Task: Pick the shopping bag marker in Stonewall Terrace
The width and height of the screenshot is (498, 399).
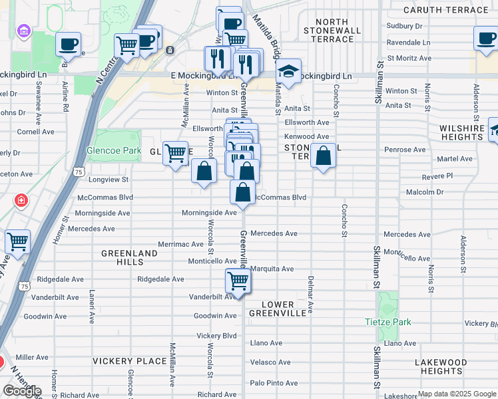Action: (x=323, y=156)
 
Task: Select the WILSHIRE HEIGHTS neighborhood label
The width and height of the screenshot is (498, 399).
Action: (x=461, y=132)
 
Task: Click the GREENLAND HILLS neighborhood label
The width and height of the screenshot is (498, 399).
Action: (x=130, y=258)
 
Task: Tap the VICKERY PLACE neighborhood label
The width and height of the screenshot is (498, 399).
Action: (x=130, y=361)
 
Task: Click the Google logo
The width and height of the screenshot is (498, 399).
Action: (x=22, y=390)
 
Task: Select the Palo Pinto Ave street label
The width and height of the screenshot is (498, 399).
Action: (x=274, y=383)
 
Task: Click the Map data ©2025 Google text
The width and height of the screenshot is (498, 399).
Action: (x=456, y=394)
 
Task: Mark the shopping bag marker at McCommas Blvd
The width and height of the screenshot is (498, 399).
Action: (x=243, y=193)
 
